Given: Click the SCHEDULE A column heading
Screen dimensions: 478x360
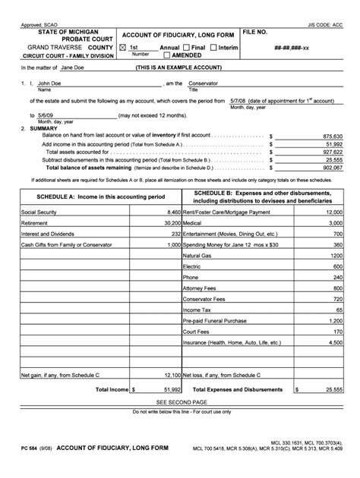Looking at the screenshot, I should [x=92, y=196].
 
